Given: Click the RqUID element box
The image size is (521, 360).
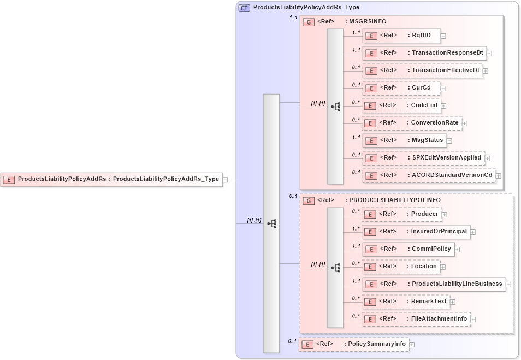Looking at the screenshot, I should click(x=401, y=36).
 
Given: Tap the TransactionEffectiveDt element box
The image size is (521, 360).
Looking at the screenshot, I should click(x=422, y=70).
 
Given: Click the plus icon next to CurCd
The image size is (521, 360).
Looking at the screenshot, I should click(x=443, y=88).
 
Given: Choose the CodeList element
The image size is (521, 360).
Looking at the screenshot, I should click(x=401, y=105).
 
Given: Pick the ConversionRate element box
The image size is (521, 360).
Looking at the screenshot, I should click(x=412, y=123).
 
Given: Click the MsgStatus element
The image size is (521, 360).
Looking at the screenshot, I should click(x=404, y=140).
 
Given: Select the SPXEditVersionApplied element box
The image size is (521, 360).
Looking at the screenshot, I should click(x=423, y=158).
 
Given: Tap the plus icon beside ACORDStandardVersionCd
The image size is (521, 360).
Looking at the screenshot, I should click(x=498, y=176).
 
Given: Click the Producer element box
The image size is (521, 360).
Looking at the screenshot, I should click(x=401, y=214).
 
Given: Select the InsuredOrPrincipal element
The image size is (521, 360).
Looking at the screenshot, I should click(x=416, y=232).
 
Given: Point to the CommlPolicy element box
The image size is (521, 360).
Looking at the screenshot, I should click(x=408, y=249).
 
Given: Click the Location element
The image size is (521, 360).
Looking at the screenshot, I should click(x=401, y=267).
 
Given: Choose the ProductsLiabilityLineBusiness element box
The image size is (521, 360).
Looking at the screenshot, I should click(x=434, y=284).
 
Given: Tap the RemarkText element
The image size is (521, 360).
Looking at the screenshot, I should click(x=406, y=302).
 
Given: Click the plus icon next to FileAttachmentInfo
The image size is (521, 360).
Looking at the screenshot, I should click(x=473, y=319).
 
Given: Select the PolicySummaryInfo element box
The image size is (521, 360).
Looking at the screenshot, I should click(x=353, y=345).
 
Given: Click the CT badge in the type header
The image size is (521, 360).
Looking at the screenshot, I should click(x=244, y=8).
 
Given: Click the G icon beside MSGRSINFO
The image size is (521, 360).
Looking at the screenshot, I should click(x=309, y=22).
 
